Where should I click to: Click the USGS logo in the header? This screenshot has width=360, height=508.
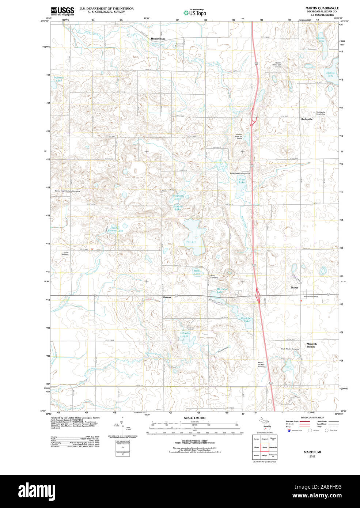(62, 11)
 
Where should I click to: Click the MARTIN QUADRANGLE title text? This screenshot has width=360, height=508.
(322, 8)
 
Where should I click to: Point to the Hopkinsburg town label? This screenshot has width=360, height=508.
(158, 39)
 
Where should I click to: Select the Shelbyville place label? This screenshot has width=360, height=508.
(306, 119)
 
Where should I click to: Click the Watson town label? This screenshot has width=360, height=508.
(166, 297)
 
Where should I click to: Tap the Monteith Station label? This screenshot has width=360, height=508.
(311, 345)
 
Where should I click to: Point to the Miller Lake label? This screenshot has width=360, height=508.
(242, 181)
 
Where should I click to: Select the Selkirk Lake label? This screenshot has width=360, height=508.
(330, 74)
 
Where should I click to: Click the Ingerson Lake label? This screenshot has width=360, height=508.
(59, 79)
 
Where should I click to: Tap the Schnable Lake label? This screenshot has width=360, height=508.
(185, 334)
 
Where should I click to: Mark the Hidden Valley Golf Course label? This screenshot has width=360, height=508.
(278, 65)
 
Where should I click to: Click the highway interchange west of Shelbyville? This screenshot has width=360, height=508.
(253, 121)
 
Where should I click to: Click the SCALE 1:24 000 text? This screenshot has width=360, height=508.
(194, 418)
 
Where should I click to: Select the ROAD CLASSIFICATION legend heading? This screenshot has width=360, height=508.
(312, 417)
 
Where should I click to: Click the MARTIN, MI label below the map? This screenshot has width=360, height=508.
(312, 452)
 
